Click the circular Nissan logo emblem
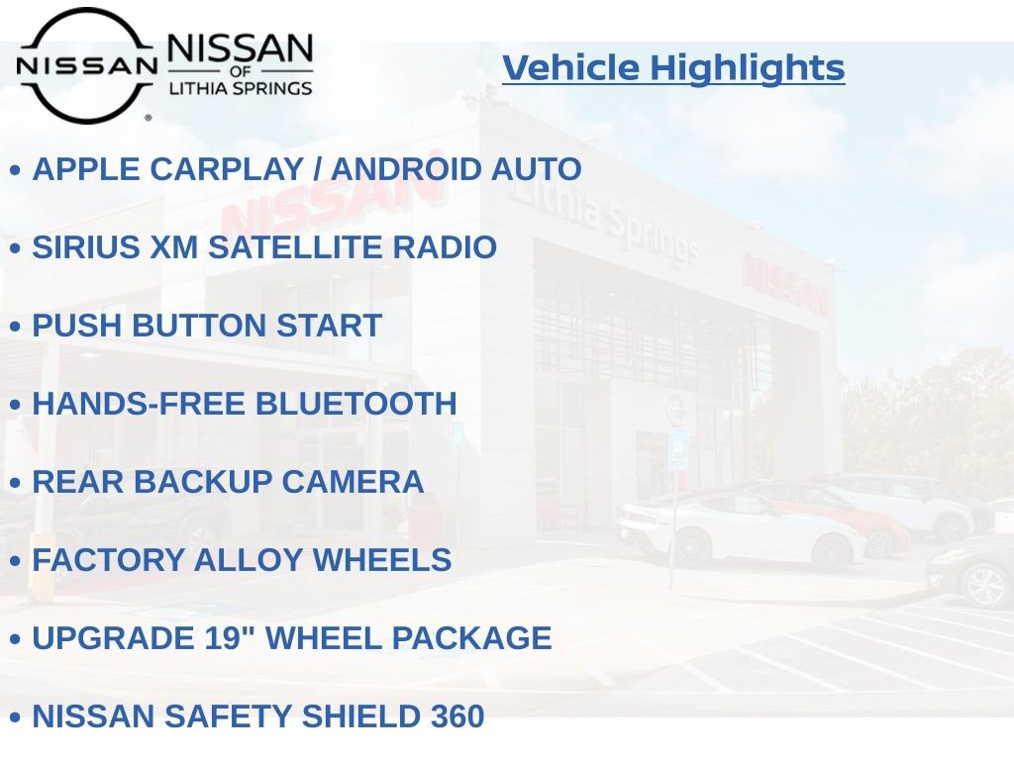tap(86, 65)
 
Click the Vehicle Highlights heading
tap(673, 67)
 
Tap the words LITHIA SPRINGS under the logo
tap(240, 88)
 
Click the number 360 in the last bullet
tap(456, 716)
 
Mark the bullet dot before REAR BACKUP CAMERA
tap(15, 484)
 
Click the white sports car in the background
tap(738, 529)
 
